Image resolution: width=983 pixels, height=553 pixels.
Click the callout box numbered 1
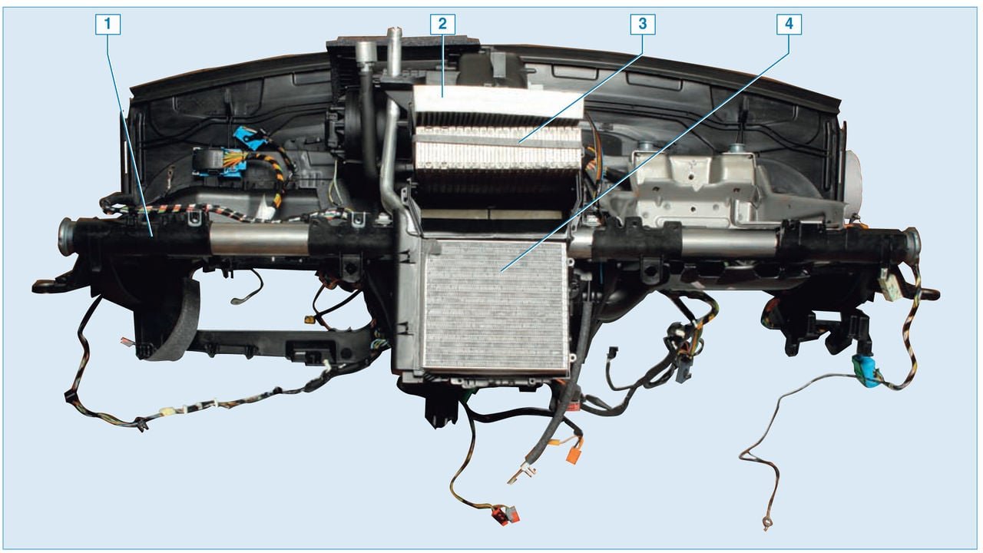pyautogui.click(x=108, y=24)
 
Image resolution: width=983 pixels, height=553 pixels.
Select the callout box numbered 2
pyautogui.click(x=442, y=24)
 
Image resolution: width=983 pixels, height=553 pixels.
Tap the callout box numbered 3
pyautogui.click(x=643, y=24)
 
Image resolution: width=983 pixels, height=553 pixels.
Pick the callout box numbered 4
pyautogui.click(x=789, y=24)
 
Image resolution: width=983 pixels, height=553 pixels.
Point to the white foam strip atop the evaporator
pyautogui.click(x=498, y=101)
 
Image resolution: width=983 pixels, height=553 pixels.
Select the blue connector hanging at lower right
pyautogui.click(x=866, y=371)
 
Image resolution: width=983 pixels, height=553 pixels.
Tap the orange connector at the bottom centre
pyautogui.click(x=573, y=455)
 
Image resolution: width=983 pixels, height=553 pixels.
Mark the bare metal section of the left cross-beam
pyautogui.click(x=259, y=238)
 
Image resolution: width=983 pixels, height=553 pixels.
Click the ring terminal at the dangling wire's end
pyautogui.click(x=766, y=523)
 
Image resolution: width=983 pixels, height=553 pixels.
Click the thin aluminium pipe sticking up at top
pyautogui.click(x=394, y=51)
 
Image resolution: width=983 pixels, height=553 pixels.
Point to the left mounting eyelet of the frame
pyautogui.click(x=44, y=286)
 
